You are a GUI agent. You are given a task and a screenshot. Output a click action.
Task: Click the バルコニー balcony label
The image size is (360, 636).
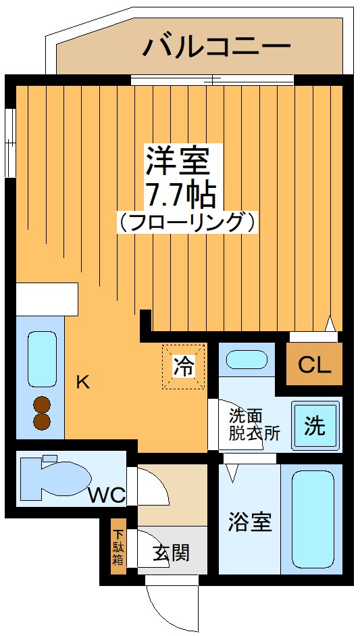click(216, 47)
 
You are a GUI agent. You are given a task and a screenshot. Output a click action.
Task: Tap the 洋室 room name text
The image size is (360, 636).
click(180, 162)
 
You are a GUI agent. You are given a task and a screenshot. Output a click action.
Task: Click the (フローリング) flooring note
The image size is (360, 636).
click(187, 222)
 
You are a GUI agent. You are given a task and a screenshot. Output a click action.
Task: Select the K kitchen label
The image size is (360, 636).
click(82, 383)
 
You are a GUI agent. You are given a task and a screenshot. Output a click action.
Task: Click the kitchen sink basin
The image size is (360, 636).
click(42, 358)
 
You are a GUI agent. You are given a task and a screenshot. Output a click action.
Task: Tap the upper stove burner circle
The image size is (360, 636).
click(42, 405)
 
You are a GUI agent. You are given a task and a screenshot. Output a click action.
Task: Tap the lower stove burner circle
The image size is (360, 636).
click(42, 422)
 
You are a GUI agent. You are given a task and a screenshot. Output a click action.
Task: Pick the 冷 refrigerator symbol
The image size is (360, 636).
click(183, 368)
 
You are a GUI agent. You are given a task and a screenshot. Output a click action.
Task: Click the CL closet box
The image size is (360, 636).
click(315, 366)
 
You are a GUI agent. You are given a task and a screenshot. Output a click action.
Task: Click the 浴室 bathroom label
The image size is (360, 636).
click(249, 522)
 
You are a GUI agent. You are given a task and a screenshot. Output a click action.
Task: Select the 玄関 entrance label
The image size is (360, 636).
click(171, 554)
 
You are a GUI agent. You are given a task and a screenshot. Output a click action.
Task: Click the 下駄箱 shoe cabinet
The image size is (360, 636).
click(118, 547)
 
